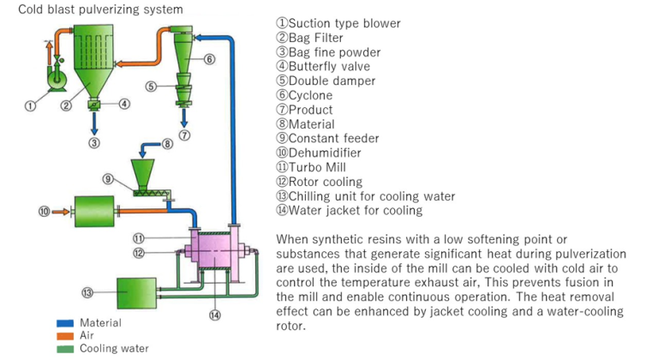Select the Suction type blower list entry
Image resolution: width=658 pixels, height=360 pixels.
pyautogui.click(x=338, y=23)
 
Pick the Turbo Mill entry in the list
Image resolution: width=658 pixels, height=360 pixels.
pyautogui.click(x=320, y=167)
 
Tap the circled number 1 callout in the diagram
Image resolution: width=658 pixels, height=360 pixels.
pyautogui.click(x=30, y=106)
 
